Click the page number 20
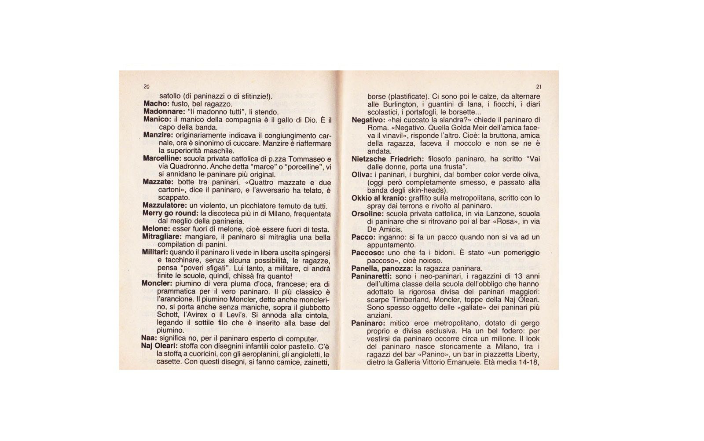[x=147, y=87]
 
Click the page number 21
[x=539, y=87]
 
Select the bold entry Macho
[x=156, y=104]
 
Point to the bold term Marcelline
[x=161, y=158]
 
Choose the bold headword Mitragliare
[x=161, y=237]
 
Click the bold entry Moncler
[x=156, y=284]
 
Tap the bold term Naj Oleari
[x=160, y=346]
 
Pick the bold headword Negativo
[x=367, y=120]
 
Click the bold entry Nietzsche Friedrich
[x=388, y=159]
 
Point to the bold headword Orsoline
[x=367, y=213]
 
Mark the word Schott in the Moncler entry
[x=167, y=315]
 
